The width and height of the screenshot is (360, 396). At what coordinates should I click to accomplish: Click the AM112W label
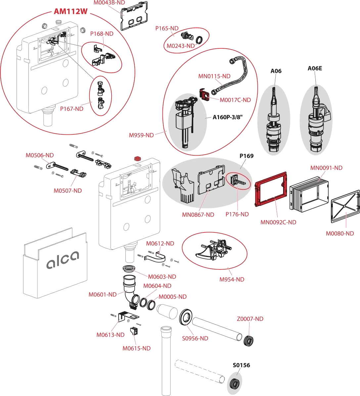click(x=70, y=11)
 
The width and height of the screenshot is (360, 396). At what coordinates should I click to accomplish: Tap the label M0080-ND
click(x=340, y=233)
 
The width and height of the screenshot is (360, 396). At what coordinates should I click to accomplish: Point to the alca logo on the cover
click(x=63, y=260)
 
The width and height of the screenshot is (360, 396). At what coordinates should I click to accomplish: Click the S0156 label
click(x=241, y=366)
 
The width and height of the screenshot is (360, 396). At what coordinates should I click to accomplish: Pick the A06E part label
click(x=315, y=69)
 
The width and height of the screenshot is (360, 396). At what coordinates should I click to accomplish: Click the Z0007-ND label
click(x=250, y=319)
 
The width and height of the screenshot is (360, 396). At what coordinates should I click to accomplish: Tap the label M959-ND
click(x=141, y=135)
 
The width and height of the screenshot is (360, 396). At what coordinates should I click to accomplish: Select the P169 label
click(x=246, y=156)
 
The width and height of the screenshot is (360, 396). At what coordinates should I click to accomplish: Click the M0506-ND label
click(x=39, y=155)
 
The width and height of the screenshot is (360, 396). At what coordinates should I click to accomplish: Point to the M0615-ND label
click(x=136, y=348)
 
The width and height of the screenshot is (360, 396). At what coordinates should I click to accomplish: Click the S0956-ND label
click(x=196, y=338)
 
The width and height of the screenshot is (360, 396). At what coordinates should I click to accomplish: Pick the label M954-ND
click(x=232, y=279)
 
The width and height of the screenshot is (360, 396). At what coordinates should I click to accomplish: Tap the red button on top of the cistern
click(x=136, y=158)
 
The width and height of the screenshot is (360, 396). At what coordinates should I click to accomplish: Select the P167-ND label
click(x=72, y=109)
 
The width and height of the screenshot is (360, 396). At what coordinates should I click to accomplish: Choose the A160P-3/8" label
click(x=228, y=117)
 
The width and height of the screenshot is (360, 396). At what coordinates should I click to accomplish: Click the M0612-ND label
click(x=160, y=244)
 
